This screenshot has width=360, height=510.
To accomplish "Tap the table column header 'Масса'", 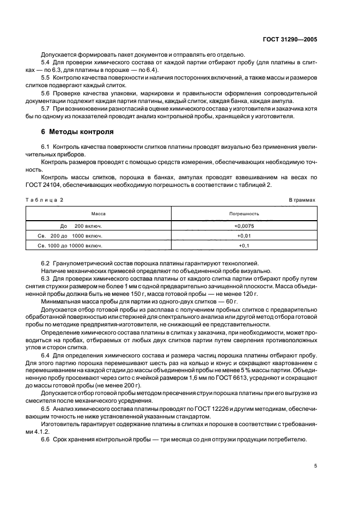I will [98, 214].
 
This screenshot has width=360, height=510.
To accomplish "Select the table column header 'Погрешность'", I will [243, 214].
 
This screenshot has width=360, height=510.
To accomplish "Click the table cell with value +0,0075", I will [243, 226].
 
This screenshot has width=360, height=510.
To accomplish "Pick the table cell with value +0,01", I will [243, 235].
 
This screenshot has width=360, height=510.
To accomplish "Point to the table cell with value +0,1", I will [243, 246].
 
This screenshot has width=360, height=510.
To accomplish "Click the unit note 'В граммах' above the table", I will [302, 200].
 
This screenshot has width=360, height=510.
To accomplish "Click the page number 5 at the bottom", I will [315, 466].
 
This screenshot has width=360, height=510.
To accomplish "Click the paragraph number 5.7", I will [46, 108].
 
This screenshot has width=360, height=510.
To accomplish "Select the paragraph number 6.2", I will [46, 263].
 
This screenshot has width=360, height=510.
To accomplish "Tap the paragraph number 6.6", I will [46, 440].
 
